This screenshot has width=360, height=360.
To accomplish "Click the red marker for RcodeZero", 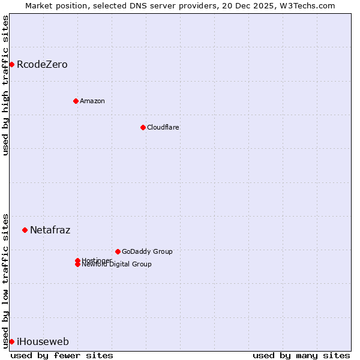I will coord(11,64).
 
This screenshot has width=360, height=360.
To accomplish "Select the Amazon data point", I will coord(76,101).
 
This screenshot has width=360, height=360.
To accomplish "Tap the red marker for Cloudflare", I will coord(143,127).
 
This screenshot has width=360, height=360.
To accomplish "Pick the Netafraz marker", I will coord(25,230).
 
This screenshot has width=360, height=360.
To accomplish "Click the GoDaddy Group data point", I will coord(118,251).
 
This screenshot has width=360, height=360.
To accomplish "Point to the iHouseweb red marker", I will coord(11,341).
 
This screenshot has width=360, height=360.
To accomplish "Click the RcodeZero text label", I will coord(42,64).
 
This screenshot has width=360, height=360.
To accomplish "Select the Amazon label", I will coord(92,101).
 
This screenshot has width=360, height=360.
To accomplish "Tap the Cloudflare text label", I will coord(163,127).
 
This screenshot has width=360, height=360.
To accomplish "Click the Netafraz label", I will coord(50,230).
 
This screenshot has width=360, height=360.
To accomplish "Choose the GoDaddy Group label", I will coord(147,251).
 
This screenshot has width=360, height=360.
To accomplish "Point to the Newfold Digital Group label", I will coord(116,265).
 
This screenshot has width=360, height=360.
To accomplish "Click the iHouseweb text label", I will coord(43,342).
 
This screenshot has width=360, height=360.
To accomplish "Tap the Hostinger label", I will coord(96,260).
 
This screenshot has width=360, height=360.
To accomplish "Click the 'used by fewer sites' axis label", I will coord(62,355).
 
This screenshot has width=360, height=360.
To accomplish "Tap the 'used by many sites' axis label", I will coord(301,355).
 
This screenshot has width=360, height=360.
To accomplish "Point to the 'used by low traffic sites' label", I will coord(5,280).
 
